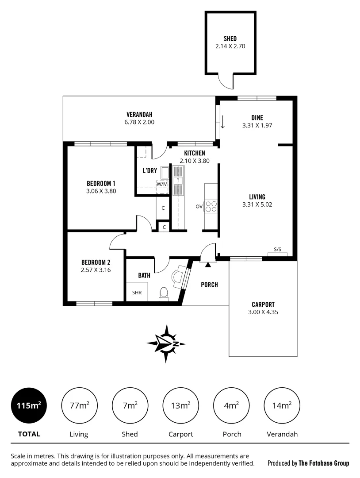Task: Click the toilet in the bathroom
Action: pos(164,293)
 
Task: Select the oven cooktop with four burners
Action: pos(211,206)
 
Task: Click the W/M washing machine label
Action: pos(162,184)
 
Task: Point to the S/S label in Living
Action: pos(277,250)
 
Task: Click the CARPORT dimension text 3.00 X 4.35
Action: pos(263,312)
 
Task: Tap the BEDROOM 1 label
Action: pos(101,183)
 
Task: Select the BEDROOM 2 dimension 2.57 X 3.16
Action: pos(96,270)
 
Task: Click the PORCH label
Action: pos(209,285)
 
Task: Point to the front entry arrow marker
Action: pos(208,265)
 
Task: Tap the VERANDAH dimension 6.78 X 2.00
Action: pos(139,122)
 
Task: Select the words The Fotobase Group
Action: pos(324,463)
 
